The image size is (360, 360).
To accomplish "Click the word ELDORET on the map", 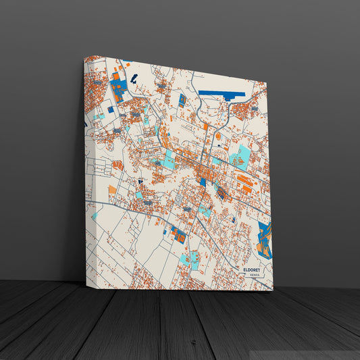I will pos(257,269).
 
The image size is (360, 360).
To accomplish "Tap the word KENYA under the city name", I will pos(255,276).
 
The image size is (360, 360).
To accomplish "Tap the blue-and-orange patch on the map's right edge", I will pos(265,240).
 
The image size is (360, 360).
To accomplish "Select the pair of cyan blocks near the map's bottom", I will pos(190,259).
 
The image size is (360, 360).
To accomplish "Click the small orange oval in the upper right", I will pos(218,136).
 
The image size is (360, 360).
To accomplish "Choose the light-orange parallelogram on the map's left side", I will pos(117,165).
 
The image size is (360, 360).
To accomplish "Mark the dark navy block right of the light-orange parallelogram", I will pos(140,182).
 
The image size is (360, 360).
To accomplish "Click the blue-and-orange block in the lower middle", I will pos(178,234).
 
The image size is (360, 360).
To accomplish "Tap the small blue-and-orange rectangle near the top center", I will pos(182,100).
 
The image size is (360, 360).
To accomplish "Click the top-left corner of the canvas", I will pos(84,56).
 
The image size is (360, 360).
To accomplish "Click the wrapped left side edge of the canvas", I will pos(87,169).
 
